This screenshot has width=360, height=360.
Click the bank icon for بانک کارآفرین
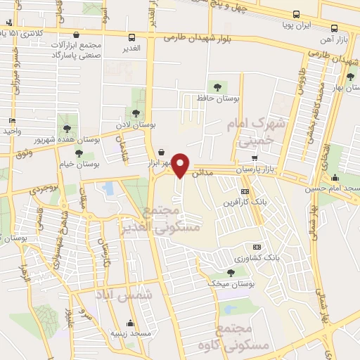244,191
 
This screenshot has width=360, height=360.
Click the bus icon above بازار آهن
335,29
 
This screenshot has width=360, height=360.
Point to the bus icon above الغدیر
132,37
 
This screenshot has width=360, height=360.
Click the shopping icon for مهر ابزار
162,151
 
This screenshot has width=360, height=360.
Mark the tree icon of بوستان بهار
349,76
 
